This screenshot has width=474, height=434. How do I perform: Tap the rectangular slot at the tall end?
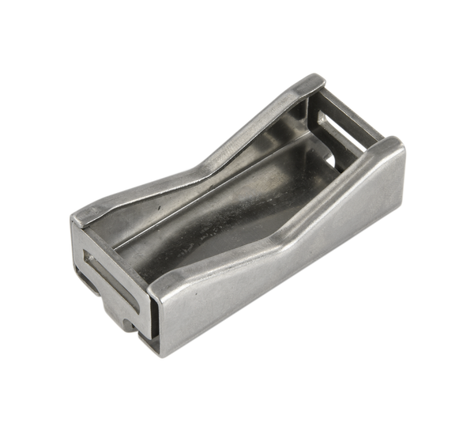345,130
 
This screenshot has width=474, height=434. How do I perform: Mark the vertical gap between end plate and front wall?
146,316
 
